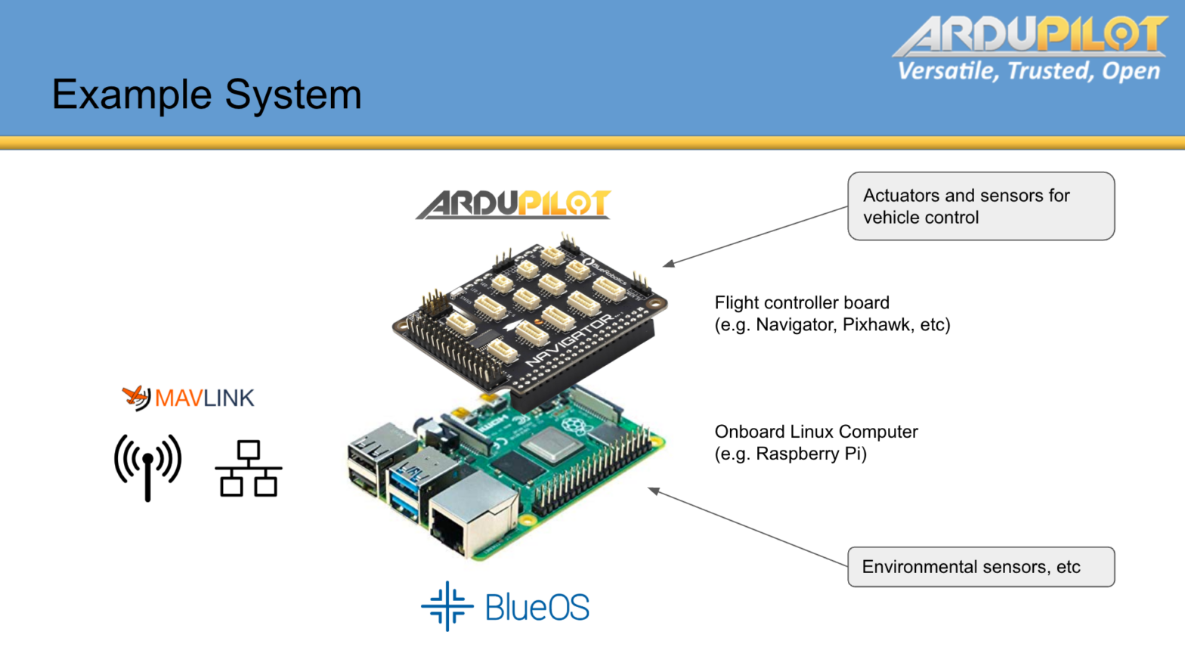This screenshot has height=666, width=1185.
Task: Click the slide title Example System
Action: coord(206,95)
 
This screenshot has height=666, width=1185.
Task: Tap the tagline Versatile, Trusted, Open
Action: coord(1028,71)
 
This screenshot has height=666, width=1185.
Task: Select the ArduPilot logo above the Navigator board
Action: coord(513,204)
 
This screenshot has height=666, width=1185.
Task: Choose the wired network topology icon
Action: coord(249,469)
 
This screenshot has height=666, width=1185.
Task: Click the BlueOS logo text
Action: coord(537,607)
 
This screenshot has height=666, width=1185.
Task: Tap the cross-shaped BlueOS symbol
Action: coord(447,606)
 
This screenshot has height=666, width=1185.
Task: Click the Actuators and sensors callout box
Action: coord(980,206)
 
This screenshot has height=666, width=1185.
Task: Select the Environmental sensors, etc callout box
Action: coord(980,567)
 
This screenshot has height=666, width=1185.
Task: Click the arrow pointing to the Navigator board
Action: coord(756,236)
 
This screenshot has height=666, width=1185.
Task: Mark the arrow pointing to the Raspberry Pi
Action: coord(748,528)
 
